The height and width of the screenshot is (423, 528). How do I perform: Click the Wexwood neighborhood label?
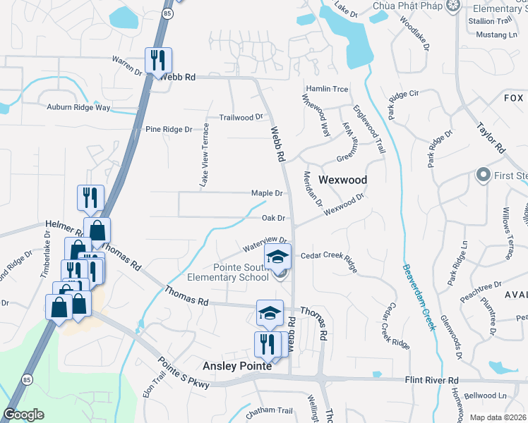(x=342, y=180)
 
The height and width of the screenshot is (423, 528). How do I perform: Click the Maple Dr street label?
(x=267, y=193)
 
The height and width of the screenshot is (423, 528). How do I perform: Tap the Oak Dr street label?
(x=272, y=219)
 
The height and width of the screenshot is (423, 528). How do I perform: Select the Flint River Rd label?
(x=433, y=380)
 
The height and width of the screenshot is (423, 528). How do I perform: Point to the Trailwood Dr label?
(x=241, y=117)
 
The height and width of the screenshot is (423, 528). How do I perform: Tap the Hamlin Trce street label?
(x=326, y=89)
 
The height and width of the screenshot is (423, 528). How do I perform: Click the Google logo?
(x=23, y=415)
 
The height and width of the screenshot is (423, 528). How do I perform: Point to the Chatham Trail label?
(x=270, y=410)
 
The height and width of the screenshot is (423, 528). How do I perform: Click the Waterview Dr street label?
(x=265, y=243)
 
